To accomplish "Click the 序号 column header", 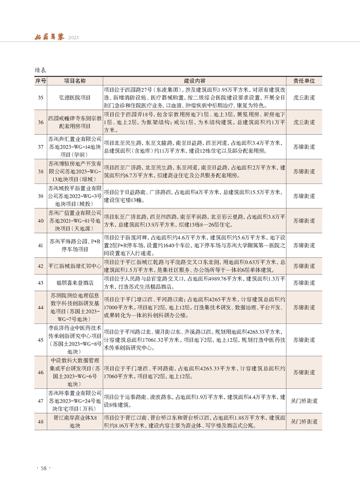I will pyautogui.click(x=40, y=81).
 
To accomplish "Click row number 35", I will pyautogui.click(x=40, y=97).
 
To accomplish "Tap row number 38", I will pyautogui.click(x=40, y=172).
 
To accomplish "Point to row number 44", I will pyautogui.click(x=40, y=307).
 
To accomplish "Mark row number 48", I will pyautogui.click(x=40, y=422).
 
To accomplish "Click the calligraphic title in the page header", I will pyautogui.click(x=50, y=36).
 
